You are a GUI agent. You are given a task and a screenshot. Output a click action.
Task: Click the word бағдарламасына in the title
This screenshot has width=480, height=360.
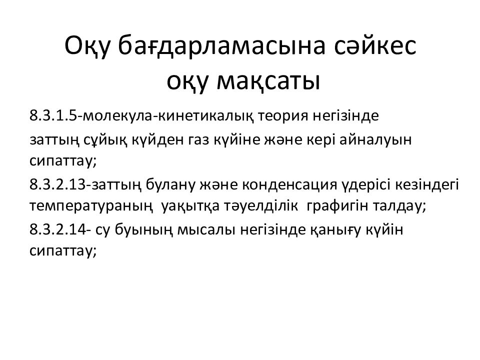point(221,46)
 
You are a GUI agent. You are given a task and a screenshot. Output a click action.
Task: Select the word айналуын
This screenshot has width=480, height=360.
point(375,140)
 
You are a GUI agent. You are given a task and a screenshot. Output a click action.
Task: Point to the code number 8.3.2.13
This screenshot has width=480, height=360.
point(58,184)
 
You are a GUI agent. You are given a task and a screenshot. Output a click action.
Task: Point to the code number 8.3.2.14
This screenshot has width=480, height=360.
point(58,229)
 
